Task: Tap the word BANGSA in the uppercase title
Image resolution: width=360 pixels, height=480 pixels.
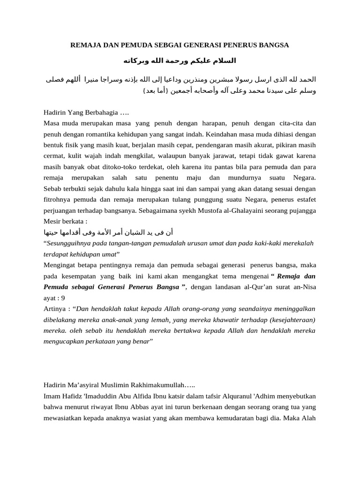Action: (273, 45)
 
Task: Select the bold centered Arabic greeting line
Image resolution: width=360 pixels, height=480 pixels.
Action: (180, 61)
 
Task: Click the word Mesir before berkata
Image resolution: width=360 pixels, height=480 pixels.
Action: (52, 221)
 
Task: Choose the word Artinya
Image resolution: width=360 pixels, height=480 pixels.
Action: (55, 309)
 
